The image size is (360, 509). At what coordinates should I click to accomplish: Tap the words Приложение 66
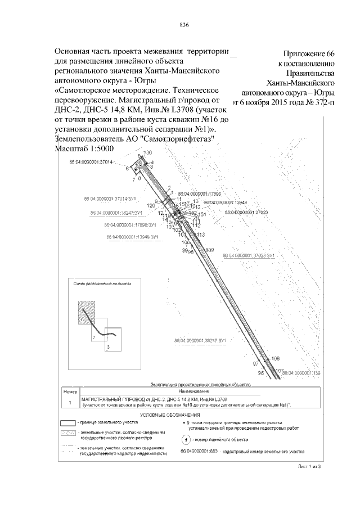tap(309, 55)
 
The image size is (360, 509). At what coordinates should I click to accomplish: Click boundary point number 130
tap(148, 153)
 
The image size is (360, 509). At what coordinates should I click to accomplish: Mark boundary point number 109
tap(210, 250)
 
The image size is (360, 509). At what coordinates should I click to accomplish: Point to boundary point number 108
tap(275, 358)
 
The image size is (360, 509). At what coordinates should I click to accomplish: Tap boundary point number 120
tap(151, 206)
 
